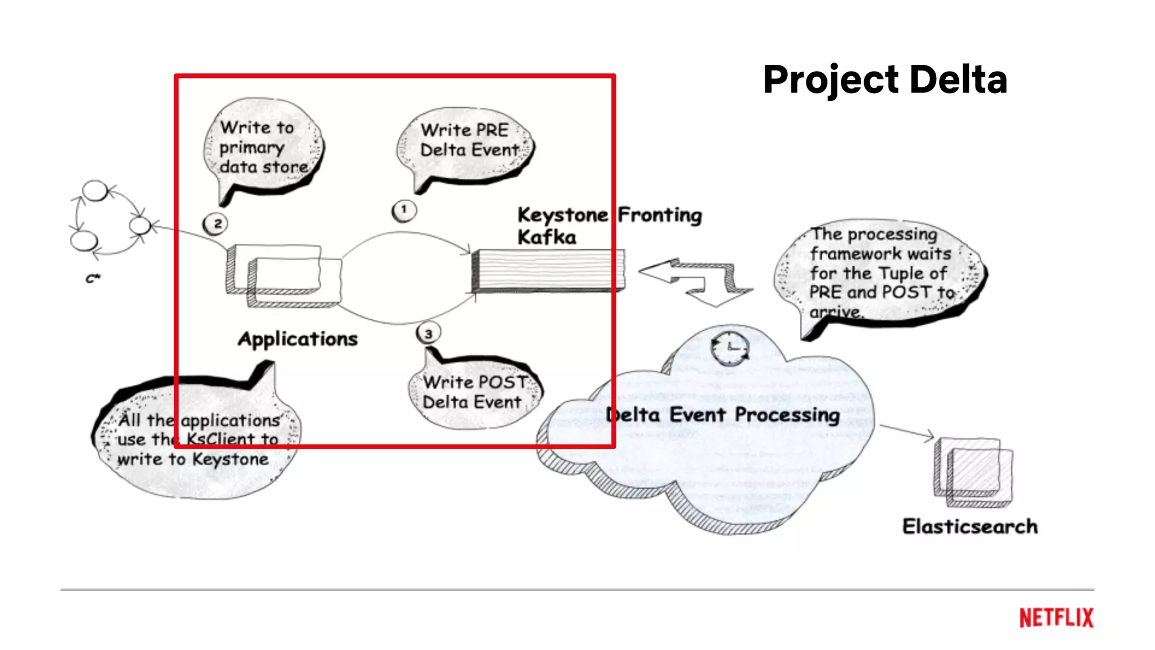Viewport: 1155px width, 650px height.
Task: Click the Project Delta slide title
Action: pos(885,80)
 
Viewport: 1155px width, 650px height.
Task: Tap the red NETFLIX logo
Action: pos(1056,617)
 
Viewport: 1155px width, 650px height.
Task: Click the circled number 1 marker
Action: pos(404,210)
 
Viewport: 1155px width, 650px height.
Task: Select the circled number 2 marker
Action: pos(215,224)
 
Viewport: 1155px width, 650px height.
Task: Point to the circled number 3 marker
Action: pos(429,333)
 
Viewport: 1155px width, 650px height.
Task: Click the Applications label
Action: pos(298,339)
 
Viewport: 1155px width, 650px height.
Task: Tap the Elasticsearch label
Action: pos(969,526)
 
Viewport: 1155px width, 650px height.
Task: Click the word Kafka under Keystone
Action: pos(546,238)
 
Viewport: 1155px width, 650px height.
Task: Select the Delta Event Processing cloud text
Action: pos(722,415)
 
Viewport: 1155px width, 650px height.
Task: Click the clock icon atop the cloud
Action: pos(730,349)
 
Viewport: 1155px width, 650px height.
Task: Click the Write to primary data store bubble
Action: pos(263,148)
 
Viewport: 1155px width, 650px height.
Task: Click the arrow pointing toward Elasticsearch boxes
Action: pos(907,432)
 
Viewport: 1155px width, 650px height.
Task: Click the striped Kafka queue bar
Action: pos(547,271)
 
